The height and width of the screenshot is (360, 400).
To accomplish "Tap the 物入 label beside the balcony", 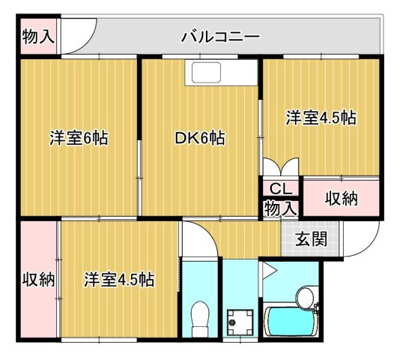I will click(x=37, y=36).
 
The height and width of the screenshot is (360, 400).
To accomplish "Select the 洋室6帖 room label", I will click(x=79, y=138).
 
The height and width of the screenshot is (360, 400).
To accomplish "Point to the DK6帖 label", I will click(x=200, y=138).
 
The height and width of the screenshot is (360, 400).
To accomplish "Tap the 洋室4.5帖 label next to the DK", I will click(x=320, y=118).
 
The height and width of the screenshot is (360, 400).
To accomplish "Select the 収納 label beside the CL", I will click(x=341, y=199).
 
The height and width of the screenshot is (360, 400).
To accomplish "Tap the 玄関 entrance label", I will click(x=309, y=240).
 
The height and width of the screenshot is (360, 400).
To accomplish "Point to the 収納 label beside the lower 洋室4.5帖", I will click(x=37, y=280).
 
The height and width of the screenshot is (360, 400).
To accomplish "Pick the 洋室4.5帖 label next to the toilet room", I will click(x=119, y=280).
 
